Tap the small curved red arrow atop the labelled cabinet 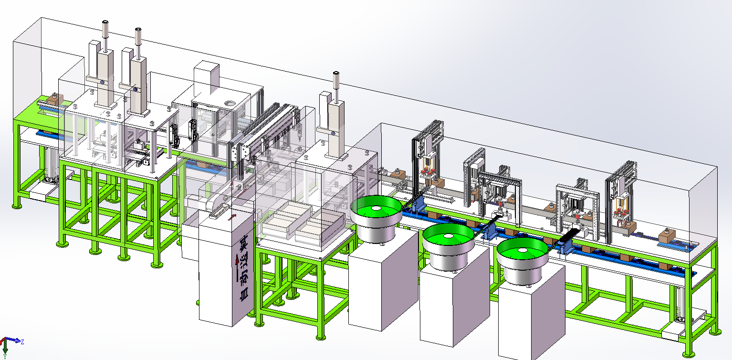[x=232, y=216]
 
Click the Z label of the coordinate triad [x=22, y=342]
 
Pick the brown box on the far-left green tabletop [x=55, y=99]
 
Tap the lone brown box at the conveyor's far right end [x=667, y=236]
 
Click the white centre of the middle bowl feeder [x=449, y=236]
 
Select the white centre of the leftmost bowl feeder [x=376, y=208]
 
